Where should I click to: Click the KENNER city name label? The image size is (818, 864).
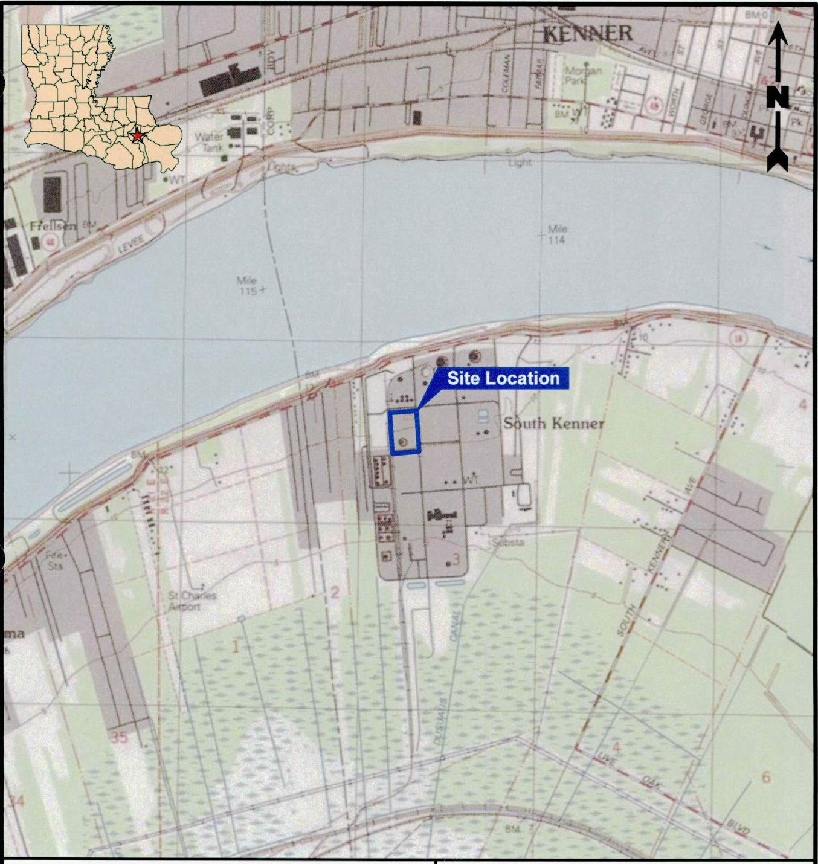click(588, 33)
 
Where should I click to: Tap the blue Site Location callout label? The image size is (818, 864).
click(503, 378)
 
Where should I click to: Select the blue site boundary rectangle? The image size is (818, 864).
click(404, 432)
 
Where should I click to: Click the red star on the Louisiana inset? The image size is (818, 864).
click(137, 135)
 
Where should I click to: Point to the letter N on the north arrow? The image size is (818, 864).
click(778, 97)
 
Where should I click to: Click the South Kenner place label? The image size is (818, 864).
click(553, 423)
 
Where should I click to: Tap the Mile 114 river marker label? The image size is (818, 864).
click(556, 234)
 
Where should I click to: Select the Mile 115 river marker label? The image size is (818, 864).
click(247, 285)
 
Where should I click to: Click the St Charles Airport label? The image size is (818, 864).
click(192, 601)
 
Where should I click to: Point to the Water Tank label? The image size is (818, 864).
click(209, 142)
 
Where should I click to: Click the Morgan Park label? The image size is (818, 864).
click(582, 75)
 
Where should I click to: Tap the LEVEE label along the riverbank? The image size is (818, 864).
click(130, 244)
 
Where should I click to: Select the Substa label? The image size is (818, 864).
click(508, 543)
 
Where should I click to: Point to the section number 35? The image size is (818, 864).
click(119, 737)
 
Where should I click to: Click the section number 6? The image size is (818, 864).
click(766, 777)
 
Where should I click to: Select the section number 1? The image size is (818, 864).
click(236, 647)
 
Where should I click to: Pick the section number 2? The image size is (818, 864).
click(335, 592)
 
